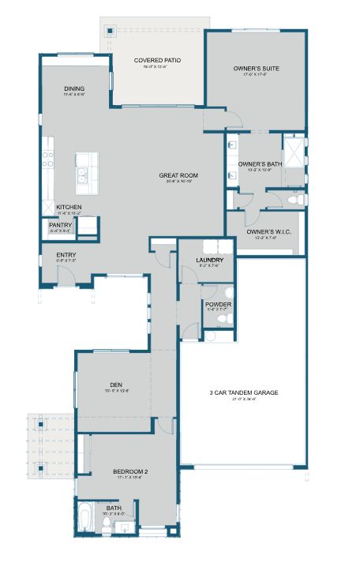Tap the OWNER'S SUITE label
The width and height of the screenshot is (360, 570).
pos(256,69)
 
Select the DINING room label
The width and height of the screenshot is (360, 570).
pos(74,88)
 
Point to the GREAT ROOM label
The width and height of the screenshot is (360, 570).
pos(178,175)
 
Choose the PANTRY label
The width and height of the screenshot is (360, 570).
pos(61,225)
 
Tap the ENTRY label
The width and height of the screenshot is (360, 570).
pos(66,255)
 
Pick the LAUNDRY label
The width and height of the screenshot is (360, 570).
pos(210,260)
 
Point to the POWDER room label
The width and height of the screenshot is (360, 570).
pos(217,304)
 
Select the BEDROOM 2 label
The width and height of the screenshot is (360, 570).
pos(130,472)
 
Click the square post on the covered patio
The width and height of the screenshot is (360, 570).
pos(111,31)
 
